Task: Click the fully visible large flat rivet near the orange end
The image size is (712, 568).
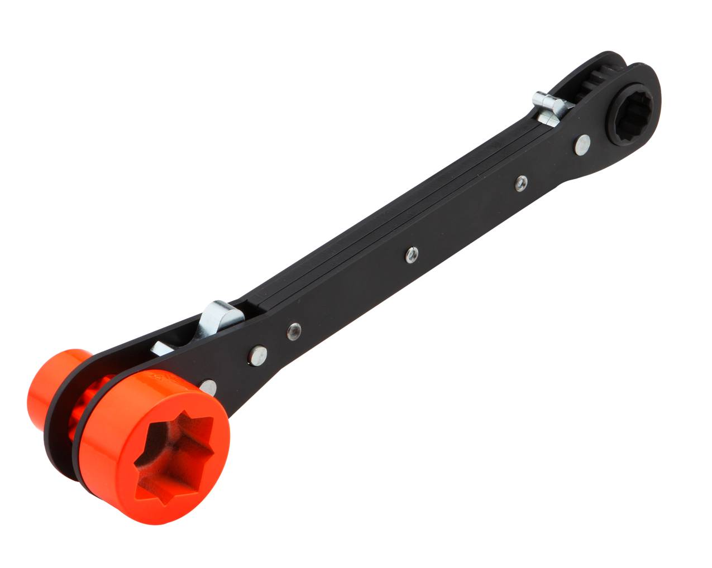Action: click(x=257, y=355)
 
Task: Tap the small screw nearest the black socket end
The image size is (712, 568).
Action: click(x=521, y=181)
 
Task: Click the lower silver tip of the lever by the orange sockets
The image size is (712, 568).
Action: click(x=162, y=349)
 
